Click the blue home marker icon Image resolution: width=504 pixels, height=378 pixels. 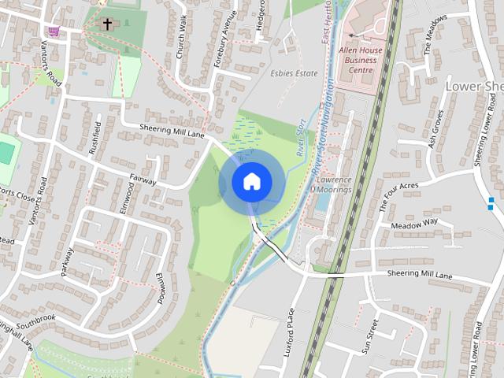pyautogui.click(x=251, y=181)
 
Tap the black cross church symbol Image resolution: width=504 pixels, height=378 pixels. pyautogui.click(x=107, y=24)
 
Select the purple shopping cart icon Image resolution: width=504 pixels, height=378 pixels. pyautogui.click(x=54, y=31)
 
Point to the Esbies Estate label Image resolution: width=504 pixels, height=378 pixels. pyautogui.click(x=294, y=73)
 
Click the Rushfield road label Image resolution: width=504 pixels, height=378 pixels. pyautogui.click(x=98, y=137)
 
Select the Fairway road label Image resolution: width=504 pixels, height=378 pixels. pyautogui.click(x=143, y=181)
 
